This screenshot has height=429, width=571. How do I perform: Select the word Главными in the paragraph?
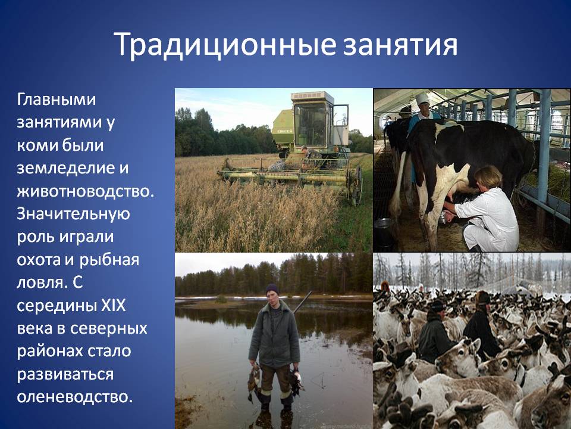tap(57, 100)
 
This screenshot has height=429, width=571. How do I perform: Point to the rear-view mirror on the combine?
tap(341, 114)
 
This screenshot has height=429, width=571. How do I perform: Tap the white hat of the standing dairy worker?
tap(422, 98)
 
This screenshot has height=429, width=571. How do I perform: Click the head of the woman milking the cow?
tap(488, 178)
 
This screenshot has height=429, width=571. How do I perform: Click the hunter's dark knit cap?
tap(272, 289)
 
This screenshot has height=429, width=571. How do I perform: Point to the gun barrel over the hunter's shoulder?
tap(303, 302)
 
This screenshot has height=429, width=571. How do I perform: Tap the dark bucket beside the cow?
tap(384, 234)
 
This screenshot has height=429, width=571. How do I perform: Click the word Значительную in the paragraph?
tap(73, 214)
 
